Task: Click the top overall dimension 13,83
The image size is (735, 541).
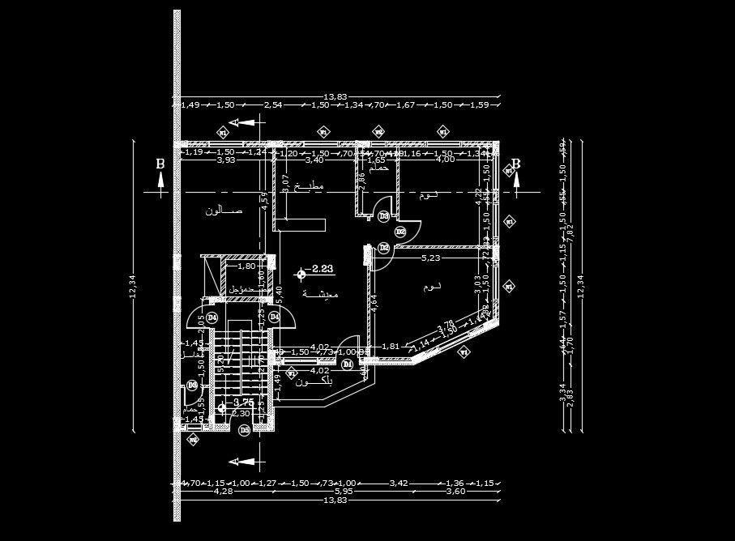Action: click(335, 96)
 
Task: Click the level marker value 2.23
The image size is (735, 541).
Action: click(323, 269)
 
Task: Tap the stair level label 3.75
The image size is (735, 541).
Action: click(244, 402)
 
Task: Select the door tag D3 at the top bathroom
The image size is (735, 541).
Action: click(384, 215)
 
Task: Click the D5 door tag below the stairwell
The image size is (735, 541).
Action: click(244, 430)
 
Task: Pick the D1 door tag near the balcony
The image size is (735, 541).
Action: click(348, 364)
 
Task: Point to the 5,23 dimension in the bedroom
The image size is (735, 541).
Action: click(432, 258)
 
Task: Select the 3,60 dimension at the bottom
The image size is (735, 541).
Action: click(457, 491)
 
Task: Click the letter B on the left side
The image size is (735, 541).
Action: click(160, 164)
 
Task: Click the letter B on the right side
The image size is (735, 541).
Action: click(515, 164)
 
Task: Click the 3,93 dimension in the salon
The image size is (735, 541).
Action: click(226, 160)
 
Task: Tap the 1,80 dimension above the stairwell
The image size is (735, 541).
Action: click(246, 266)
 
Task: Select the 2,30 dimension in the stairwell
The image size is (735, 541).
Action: click(241, 414)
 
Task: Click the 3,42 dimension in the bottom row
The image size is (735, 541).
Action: click(399, 483)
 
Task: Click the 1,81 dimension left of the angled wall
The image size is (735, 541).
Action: click(391, 346)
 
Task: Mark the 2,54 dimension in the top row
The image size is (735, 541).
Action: click(273, 105)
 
